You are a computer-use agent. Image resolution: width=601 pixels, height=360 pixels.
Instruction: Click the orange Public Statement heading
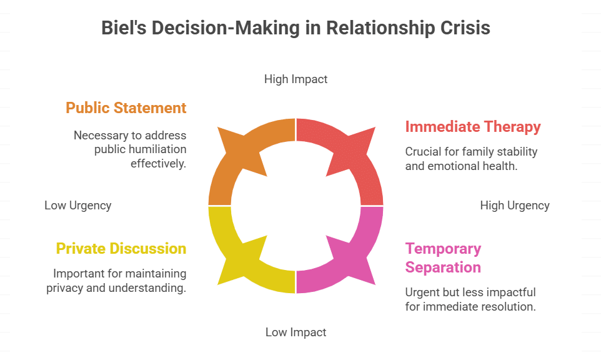tap(126, 107)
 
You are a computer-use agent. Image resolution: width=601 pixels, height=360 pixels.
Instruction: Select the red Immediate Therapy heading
tap(473, 126)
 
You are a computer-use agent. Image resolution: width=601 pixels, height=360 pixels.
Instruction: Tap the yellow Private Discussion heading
tap(121, 248)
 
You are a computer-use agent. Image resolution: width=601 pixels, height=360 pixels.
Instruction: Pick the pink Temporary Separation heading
tap(443, 257)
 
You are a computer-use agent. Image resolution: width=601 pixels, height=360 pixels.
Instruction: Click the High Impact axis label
tap(296, 79)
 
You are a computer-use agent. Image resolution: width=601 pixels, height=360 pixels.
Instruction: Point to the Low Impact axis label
tap(296, 332)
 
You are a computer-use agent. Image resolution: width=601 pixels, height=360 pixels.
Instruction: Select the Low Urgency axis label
tap(78, 205)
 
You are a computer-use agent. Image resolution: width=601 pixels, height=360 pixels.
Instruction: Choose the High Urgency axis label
tap(515, 205)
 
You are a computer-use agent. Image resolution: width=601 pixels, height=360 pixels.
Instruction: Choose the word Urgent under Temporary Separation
tap(422, 292)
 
